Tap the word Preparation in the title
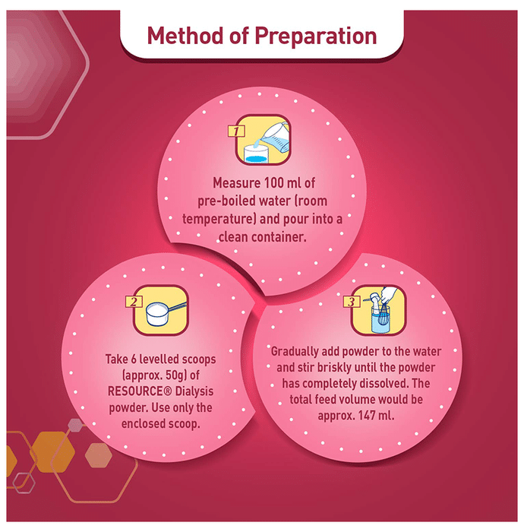(x=315, y=36)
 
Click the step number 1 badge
(x=236, y=131)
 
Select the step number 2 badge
(x=134, y=302)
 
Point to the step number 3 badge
(x=352, y=301)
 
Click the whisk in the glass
(x=383, y=315)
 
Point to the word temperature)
(x=219, y=219)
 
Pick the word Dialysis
(x=194, y=392)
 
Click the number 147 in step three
(x=366, y=415)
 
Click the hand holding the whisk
(x=388, y=295)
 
